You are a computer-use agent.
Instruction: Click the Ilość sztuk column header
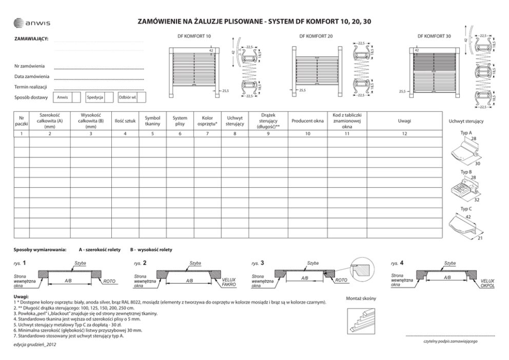coord(125,121)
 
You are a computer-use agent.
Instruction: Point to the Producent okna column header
coord(307,121)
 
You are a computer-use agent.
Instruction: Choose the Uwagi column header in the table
coord(404,121)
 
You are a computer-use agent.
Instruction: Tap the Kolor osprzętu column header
coord(207,121)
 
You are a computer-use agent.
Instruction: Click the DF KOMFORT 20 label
coord(316,36)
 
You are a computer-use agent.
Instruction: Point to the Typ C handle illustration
coord(465,226)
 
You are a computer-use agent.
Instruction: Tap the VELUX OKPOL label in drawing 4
coord(487,284)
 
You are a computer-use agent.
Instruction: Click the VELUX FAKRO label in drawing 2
coord(229,282)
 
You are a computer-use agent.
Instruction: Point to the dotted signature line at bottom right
coord(449,335)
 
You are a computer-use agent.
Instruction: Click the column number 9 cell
coord(268,134)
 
